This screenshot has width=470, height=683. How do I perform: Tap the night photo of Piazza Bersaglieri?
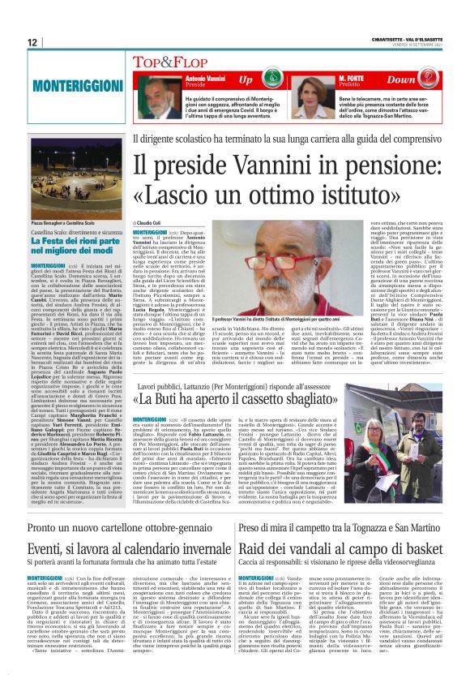coord(66,182)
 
